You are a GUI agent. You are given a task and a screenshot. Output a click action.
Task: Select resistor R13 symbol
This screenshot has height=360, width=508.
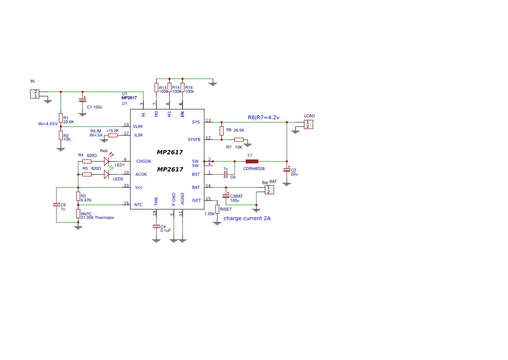pos(156,87)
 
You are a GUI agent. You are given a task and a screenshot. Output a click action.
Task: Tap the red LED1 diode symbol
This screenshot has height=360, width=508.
pos(106,161)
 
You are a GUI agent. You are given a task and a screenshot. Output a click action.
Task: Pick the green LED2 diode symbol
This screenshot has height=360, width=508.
pos(106,174)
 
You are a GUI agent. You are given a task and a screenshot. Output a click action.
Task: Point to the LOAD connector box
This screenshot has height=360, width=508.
pos(308,124)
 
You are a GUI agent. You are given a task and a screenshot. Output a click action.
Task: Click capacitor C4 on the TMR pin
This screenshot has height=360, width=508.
pos(156,227)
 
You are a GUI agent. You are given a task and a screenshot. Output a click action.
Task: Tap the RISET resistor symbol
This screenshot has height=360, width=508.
pos(217,209)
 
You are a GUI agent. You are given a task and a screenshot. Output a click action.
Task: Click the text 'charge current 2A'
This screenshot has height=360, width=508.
pos(247,218)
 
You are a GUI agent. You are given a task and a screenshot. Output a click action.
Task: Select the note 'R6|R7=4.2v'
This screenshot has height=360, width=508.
pos(263,117)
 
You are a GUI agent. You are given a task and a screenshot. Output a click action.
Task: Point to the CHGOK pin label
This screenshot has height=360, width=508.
pos(143,161)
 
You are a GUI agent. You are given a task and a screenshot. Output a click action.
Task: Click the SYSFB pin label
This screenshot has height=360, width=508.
pos(194,140)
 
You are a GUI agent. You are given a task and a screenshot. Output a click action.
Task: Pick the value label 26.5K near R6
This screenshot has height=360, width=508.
pos(239,130)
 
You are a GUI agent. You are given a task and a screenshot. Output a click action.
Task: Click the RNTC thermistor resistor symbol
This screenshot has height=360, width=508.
pos(78,213)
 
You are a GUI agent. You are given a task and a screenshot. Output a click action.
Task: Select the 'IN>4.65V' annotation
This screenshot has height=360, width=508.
pos(48,124)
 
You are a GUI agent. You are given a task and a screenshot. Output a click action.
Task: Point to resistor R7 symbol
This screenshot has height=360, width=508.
pos(239,140)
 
